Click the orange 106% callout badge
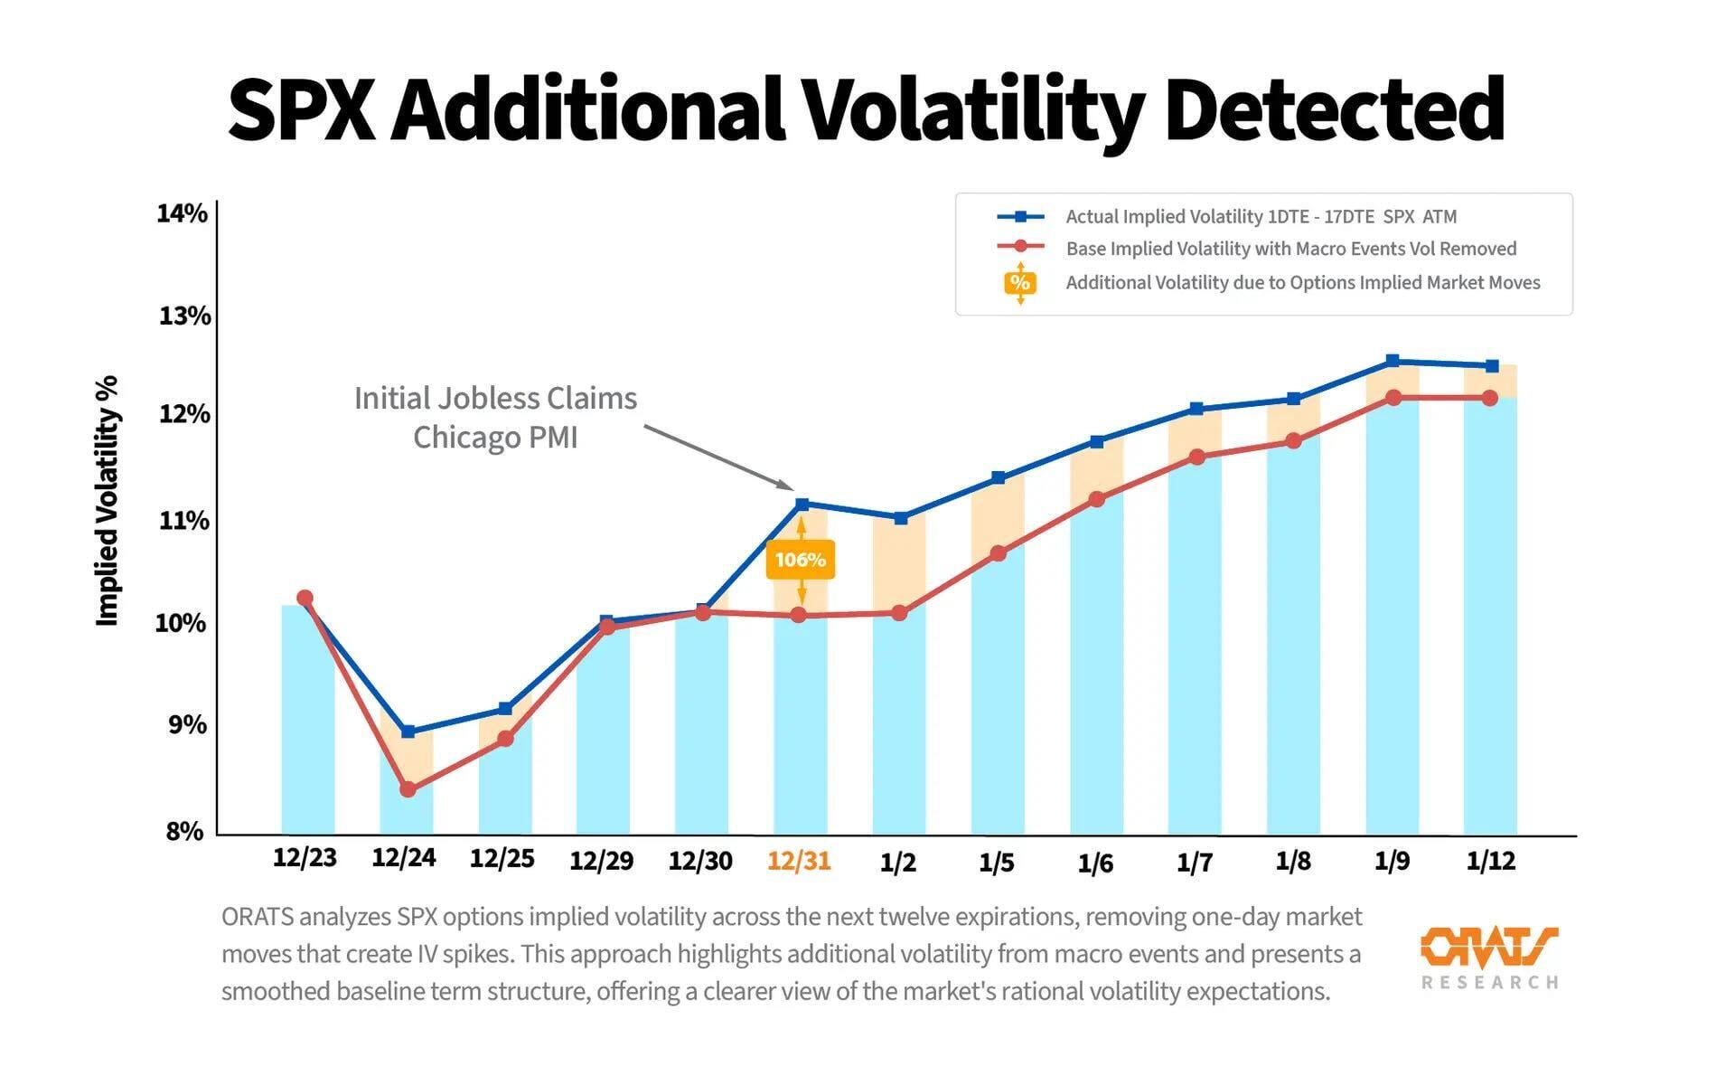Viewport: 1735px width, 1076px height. [x=800, y=560]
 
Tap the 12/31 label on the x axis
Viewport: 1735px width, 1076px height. [x=799, y=860]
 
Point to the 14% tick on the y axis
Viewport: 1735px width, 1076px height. [x=182, y=213]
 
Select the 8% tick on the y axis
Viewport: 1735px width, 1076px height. [x=184, y=831]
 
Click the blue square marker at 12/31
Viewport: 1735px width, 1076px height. [x=802, y=504]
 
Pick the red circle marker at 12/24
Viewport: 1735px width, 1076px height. [x=408, y=789]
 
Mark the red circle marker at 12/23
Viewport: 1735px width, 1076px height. [x=305, y=598]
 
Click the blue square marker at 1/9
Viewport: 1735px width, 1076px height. [x=1393, y=361]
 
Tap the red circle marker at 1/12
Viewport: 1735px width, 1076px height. [x=1490, y=398]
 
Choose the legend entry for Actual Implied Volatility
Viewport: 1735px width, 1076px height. [x=1261, y=217]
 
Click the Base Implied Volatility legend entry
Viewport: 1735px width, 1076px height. [x=1290, y=249]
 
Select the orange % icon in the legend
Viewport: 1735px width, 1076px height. [x=1020, y=282]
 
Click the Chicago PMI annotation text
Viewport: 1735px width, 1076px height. [x=495, y=438]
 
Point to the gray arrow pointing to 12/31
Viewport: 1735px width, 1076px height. [x=718, y=457]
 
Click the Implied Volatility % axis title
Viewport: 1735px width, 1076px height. [x=108, y=501]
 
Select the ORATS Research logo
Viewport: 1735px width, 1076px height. [x=1489, y=957]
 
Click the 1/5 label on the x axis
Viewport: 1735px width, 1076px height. [x=997, y=862]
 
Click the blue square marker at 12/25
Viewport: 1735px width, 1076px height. [x=505, y=709]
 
